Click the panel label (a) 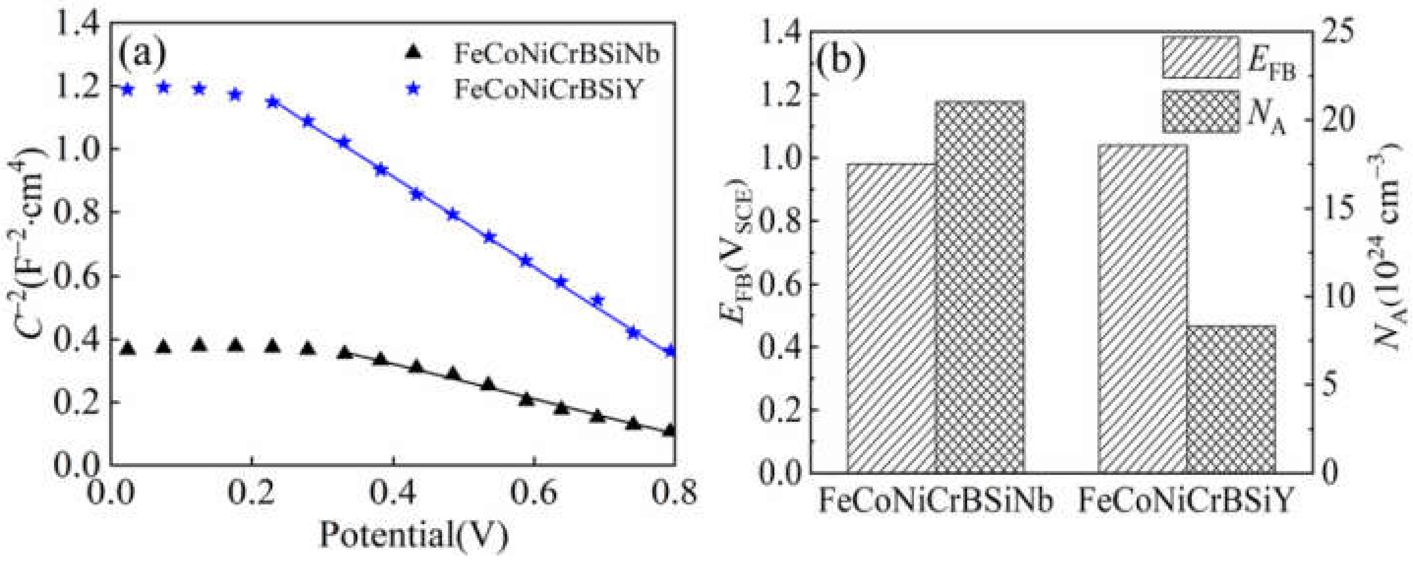pos(142,54)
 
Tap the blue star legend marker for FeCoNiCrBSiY pos(414,92)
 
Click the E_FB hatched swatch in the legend pos(1200,57)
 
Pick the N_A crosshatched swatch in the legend pos(1200,111)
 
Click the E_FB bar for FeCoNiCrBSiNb pos(891,318)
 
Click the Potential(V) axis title pos(413,535)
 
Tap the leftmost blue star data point pos(127,89)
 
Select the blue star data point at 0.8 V pos(669,352)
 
